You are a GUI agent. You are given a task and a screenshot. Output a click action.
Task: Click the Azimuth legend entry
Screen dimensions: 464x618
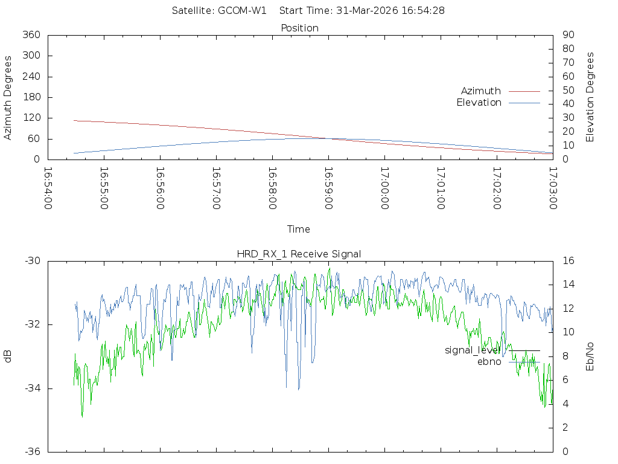[x=481, y=91]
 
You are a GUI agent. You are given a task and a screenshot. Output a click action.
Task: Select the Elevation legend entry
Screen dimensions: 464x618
[x=479, y=103]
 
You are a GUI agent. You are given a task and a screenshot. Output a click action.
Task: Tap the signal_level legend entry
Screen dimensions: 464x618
[x=473, y=350]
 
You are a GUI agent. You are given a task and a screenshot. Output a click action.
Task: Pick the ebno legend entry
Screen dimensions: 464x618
[x=489, y=362]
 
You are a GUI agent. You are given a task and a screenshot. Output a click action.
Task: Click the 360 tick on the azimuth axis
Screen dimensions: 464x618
[x=31, y=35]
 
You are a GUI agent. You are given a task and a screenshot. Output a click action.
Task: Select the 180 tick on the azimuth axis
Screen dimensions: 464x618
[x=31, y=97]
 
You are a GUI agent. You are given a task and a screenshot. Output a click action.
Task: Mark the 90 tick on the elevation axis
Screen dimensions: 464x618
[x=567, y=35]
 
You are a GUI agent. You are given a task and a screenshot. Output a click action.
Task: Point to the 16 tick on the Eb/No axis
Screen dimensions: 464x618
[x=567, y=261]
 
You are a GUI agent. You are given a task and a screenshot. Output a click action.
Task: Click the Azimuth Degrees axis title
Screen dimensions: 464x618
[x=8, y=97]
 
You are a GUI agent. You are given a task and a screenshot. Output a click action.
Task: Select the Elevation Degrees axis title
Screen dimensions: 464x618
[x=590, y=97]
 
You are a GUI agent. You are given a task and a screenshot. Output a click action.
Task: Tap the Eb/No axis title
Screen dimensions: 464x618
[x=590, y=356]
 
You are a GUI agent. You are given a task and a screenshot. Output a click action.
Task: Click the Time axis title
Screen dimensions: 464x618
[x=299, y=230]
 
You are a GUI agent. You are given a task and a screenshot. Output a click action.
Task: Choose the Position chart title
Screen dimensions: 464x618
[x=300, y=28]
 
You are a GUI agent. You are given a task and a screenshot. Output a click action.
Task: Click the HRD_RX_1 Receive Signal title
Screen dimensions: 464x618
[x=299, y=254]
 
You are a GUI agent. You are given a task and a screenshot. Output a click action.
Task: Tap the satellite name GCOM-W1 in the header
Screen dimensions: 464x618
[x=242, y=10]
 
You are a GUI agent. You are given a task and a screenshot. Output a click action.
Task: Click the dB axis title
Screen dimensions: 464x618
[x=8, y=356]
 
